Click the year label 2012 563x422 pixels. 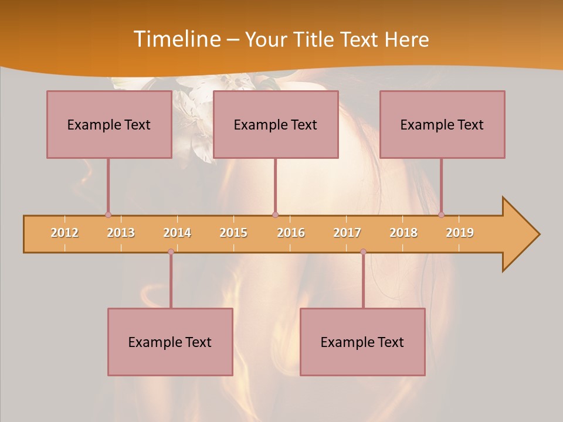point(65,233)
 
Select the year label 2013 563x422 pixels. point(121,233)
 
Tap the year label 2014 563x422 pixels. point(177,233)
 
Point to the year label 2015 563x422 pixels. point(233,233)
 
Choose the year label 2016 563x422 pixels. point(291,233)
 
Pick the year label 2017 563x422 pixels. point(347,233)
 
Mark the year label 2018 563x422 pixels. point(403,233)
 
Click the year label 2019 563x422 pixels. point(460,233)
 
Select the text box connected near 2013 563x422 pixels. point(109,124)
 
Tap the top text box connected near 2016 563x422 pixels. point(276,124)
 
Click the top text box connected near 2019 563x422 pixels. point(442,124)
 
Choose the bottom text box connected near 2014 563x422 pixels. point(170,342)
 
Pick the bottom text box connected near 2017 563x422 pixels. point(362,342)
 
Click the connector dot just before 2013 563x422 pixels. point(108,215)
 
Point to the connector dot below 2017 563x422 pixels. point(363,252)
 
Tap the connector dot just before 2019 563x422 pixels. point(441,215)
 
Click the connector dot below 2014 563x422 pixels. point(171,252)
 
